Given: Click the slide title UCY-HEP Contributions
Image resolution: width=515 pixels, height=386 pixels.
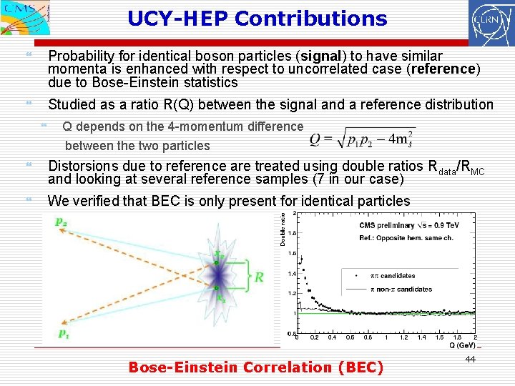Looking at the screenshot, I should click(257, 19).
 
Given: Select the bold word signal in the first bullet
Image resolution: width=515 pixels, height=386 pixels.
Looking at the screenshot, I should click(321, 56).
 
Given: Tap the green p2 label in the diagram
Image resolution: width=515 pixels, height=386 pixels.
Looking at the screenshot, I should click(63, 222).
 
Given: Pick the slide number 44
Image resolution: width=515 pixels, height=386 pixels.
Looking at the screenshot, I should click(470, 359).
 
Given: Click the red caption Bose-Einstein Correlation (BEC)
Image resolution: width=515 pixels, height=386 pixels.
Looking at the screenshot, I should click(255, 367).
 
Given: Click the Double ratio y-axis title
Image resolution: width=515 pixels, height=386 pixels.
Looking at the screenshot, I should click(283, 229).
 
